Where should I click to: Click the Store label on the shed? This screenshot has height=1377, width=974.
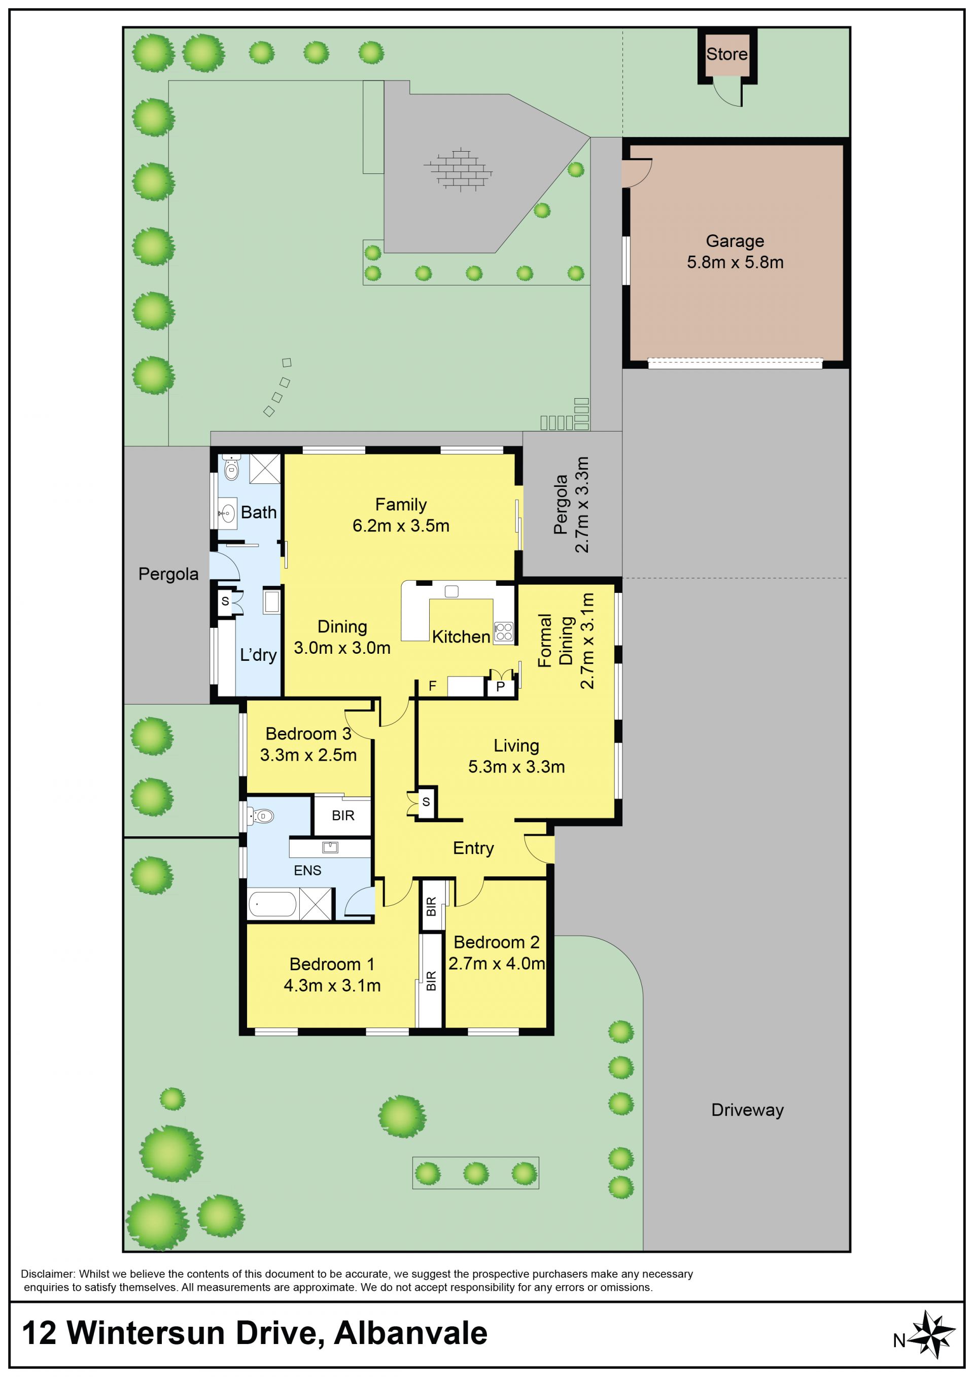coord(726,54)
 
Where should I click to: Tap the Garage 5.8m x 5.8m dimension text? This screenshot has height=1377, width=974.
coord(735,262)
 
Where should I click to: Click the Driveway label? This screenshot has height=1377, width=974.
coord(747,1110)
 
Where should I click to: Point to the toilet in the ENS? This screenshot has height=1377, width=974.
coord(260,816)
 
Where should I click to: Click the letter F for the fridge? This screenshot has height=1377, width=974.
coord(432,686)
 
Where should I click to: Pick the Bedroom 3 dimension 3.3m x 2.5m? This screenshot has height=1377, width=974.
coord(308,755)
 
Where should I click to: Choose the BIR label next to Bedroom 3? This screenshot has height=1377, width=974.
coord(343,816)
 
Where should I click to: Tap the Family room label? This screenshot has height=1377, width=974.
coord(401,505)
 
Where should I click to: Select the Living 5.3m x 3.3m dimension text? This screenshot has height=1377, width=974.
coord(516,766)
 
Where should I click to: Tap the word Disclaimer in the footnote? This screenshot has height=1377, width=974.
coord(47,1274)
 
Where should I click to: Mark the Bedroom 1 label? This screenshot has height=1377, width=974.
coord(332,964)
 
